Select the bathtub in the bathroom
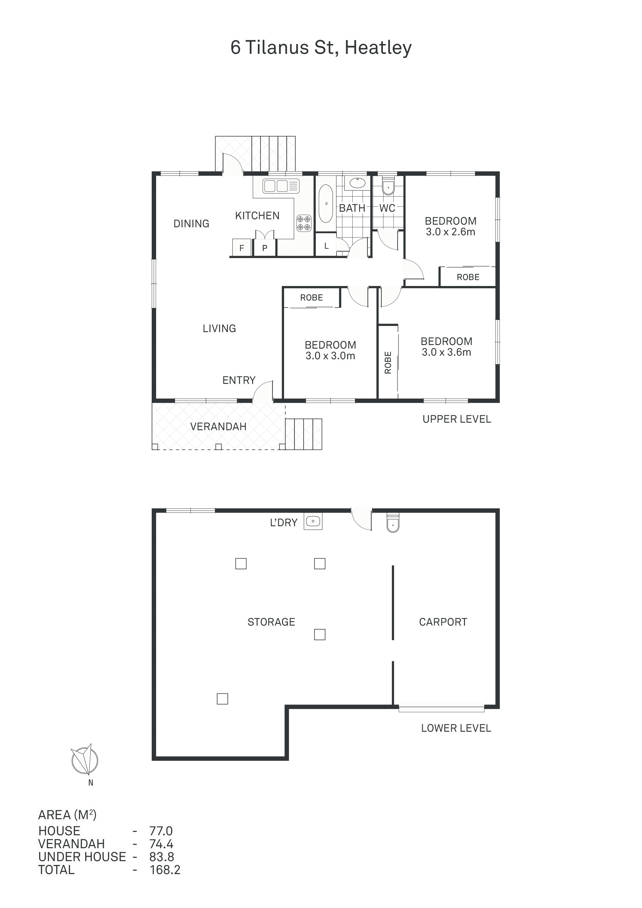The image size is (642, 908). [x=326, y=204]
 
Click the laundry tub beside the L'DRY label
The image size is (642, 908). [x=313, y=521]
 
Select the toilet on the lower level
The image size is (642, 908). [x=393, y=522]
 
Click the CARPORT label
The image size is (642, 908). [x=443, y=622]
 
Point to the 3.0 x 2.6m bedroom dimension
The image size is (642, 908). [x=450, y=232]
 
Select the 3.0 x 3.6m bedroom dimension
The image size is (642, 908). [x=447, y=352]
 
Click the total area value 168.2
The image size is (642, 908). [x=165, y=870]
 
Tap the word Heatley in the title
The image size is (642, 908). [x=378, y=48]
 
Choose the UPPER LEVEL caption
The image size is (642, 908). [x=457, y=419]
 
